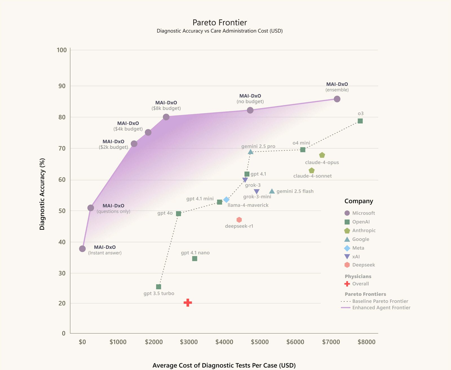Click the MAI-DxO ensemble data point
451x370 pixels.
(337, 99)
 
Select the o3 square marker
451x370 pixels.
(360, 121)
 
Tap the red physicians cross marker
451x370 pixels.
(188, 303)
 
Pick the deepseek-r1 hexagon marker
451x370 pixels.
(239, 220)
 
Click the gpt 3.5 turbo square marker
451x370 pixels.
(158, 287)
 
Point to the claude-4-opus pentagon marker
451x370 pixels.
(322, 155)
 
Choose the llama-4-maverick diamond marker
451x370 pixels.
(226, 200)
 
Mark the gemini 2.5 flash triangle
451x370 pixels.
(272, 191)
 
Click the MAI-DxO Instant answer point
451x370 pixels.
(82, 249)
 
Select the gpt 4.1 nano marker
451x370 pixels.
(194, 258)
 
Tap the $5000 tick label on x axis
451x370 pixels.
(260, 342)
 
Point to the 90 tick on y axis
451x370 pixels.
(62, 86)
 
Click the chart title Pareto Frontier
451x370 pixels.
(220, 23)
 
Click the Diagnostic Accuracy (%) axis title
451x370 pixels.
(42, 194)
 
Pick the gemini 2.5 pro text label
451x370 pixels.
(258, 146)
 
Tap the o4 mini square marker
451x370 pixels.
(303, 150)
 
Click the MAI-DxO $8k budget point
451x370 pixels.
(166, 117)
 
